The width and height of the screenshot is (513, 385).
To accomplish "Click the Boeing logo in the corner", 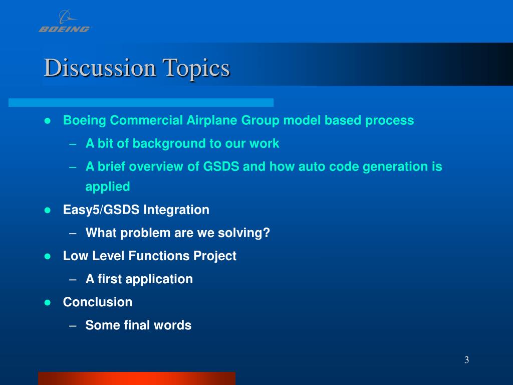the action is pyautogui.click(x=64, y=21).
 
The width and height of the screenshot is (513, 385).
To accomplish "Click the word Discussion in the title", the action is pyautogui.click(x=100, y=68).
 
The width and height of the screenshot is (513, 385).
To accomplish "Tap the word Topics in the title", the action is pyautogui.click(x=196, y=69).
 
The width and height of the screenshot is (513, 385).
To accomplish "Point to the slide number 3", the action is pyautogui.click(x=466, y=360).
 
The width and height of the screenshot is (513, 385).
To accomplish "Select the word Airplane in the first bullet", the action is pyautogui.click(x=211, y=121).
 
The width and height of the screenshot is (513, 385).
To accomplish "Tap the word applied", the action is pyautogui.click(x=108, y=187).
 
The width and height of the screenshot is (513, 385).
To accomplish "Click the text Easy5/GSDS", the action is pyautogui.click(x=101, y=210).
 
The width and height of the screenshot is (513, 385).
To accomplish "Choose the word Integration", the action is pyautogui.click(x=176, y=210).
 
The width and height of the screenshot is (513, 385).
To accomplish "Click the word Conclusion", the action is pyautogui.click(x=98, y=302).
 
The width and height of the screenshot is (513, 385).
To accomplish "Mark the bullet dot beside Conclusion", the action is pyautogui.click(x=48, y=302).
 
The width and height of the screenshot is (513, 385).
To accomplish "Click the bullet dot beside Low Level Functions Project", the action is pyautogui.click(x=48, y=256).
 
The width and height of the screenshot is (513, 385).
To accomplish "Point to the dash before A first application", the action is pyautogui.click(x=73, y=280).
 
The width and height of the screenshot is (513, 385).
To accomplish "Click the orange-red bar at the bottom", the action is pyautogui.click(x=137, y=378).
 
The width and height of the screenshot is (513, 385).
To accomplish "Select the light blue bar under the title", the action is pyautogui.click(x=141, y=102).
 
